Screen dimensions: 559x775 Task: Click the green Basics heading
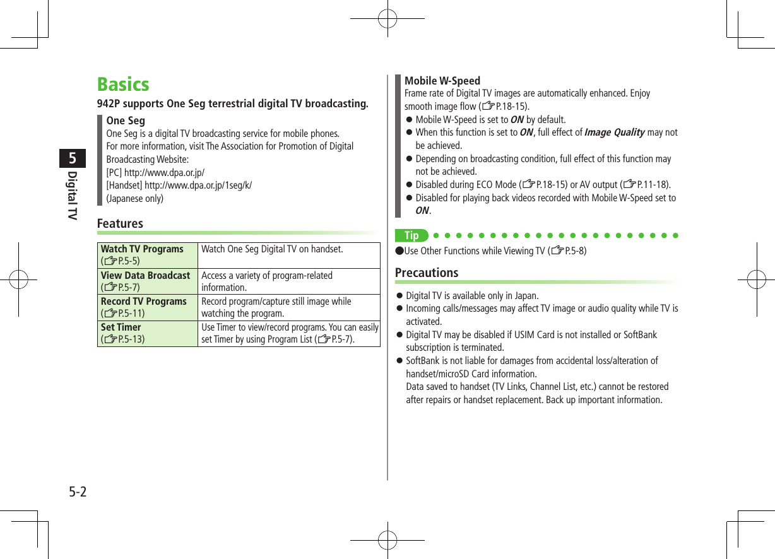coord(123,85)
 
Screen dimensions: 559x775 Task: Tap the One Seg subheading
coord(126,121)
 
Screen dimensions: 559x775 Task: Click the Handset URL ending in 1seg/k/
coord(198,185)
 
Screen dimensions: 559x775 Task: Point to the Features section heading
coord(120,223)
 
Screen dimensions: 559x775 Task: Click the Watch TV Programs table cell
coord(148,254)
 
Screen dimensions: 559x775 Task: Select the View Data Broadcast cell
coord(148,281)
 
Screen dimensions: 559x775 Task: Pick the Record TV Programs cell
coord(148,307)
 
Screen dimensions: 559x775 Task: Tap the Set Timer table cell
coord(148,332)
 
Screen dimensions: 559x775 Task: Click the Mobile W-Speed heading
coord(442,81)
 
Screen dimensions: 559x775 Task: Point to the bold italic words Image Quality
coord(614,132)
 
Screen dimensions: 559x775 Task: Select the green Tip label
coord(411,236)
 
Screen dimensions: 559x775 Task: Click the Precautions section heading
coord(427,273)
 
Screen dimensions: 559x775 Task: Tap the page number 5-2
coord(78,491)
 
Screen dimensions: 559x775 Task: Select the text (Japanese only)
coord(134,199)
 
